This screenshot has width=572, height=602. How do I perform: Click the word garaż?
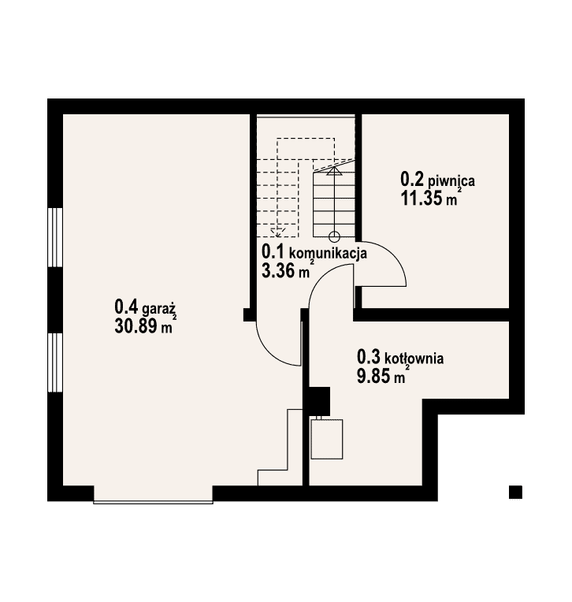point(159,309)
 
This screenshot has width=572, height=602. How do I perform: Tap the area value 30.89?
point(136,327)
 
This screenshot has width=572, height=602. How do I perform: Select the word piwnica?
point(451,180)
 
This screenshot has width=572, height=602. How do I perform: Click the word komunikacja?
point(328,254)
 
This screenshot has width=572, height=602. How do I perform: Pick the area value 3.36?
point(278,271)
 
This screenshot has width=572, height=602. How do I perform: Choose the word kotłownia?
point(414,359)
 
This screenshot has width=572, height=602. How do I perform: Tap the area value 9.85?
point(373,377)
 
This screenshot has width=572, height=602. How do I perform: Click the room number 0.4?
point(126,307)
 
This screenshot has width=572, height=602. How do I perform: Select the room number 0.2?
point(412,180)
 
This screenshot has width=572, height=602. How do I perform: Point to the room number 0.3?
point(369,357)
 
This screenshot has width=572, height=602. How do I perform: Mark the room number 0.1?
point(273,252)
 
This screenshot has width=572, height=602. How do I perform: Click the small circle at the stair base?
point(334,237)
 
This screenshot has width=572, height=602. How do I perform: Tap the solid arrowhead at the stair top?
point(334,171)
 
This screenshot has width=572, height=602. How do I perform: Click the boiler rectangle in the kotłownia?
point(327,439)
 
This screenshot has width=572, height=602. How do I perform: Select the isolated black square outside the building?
point(515,492)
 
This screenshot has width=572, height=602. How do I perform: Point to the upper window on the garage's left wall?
point(55,237)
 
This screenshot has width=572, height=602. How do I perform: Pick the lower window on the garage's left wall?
point(55,362)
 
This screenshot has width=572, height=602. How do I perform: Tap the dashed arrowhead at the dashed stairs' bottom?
point(277,232)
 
